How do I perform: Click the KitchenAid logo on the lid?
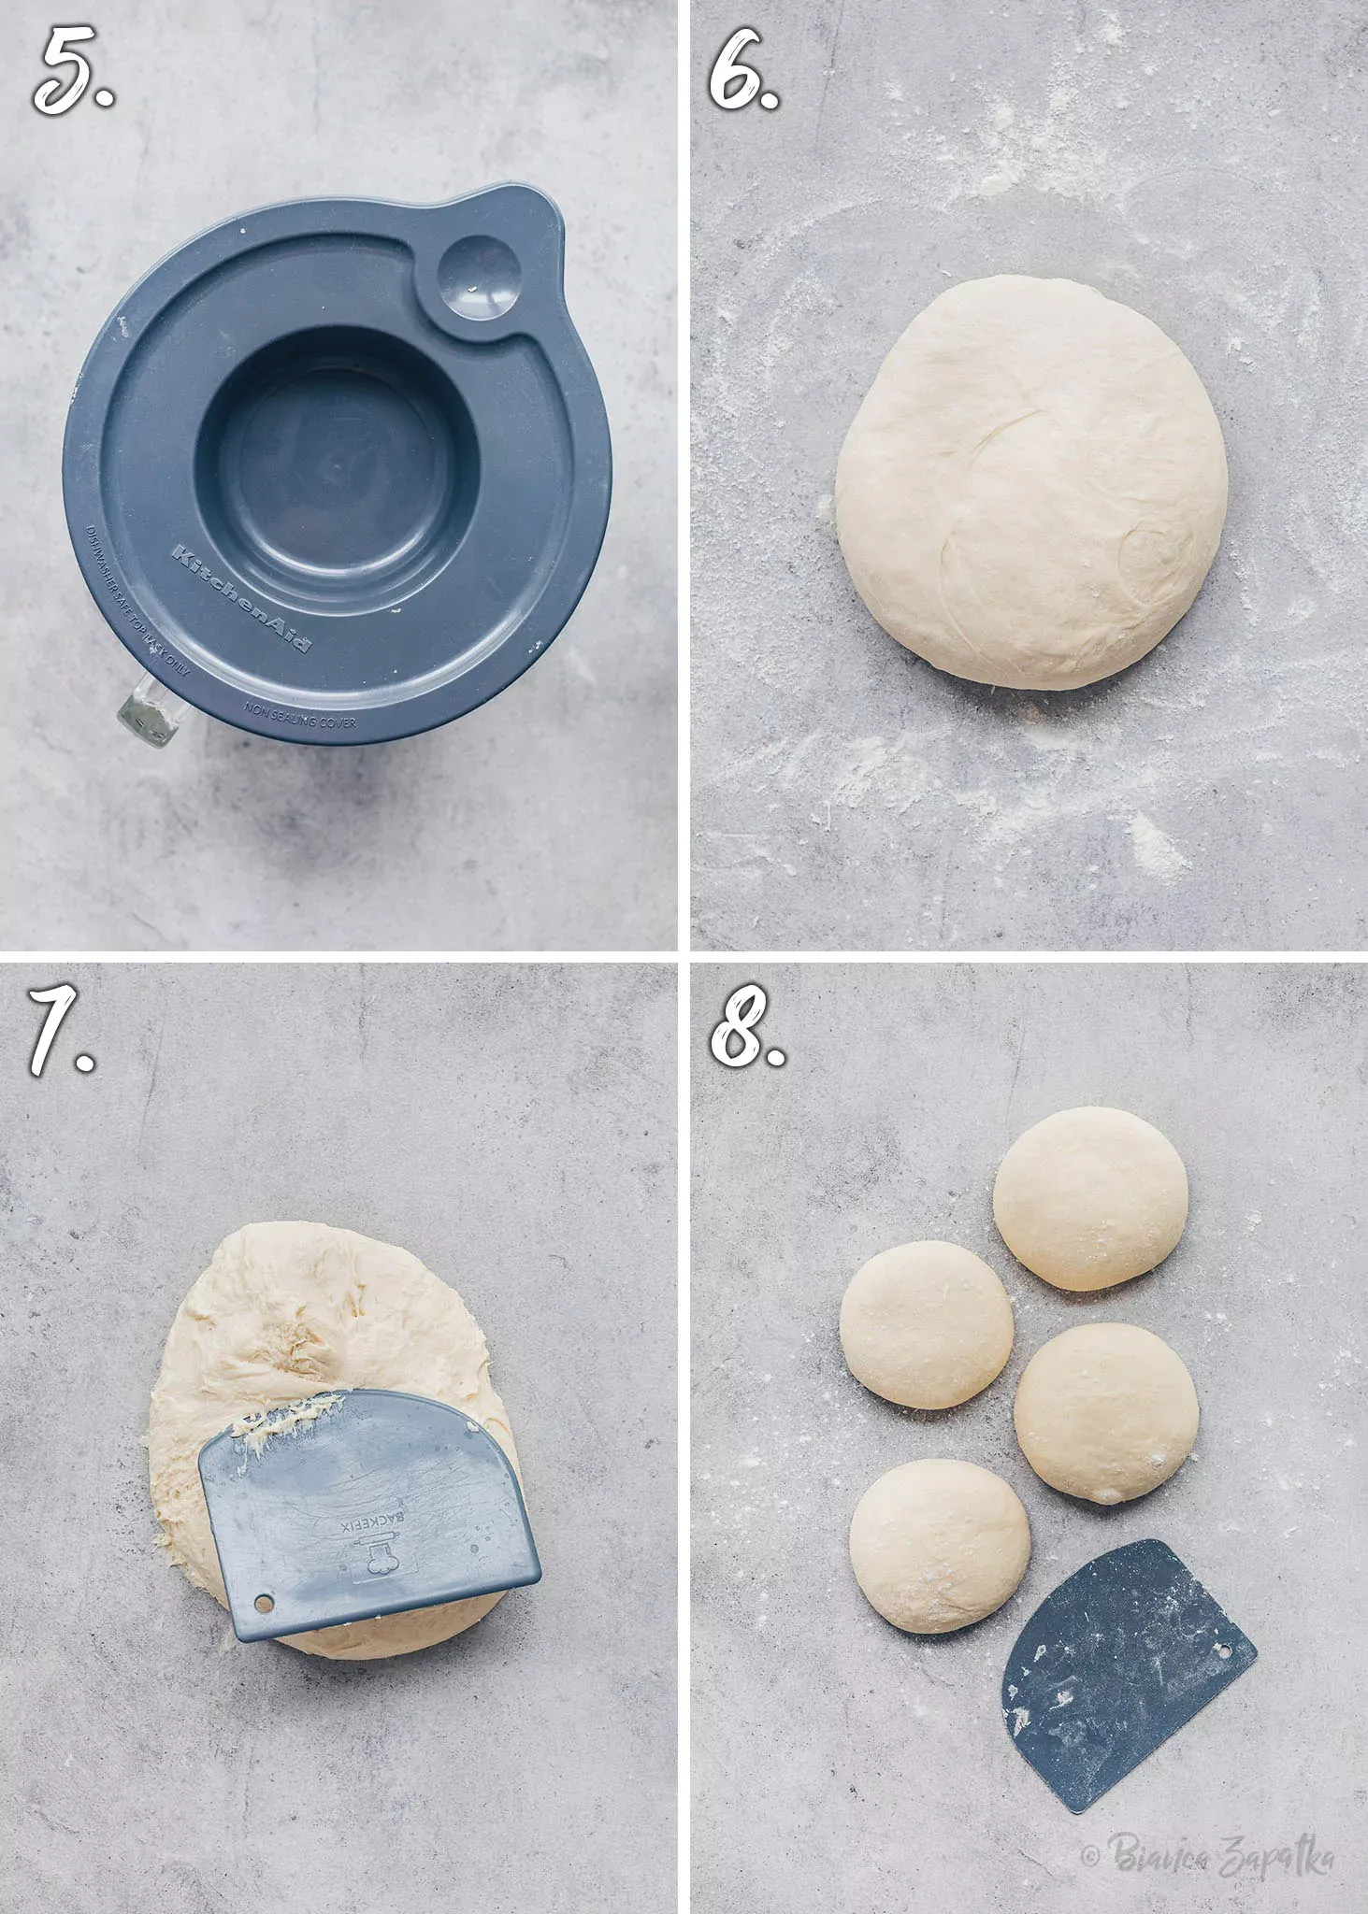241,597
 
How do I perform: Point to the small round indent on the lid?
480,274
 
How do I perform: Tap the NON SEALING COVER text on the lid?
300,716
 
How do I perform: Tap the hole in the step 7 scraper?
264,1605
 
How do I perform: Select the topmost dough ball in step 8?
1090,1198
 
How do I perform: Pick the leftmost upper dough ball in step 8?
926,1324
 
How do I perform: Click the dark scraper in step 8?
1122,1673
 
